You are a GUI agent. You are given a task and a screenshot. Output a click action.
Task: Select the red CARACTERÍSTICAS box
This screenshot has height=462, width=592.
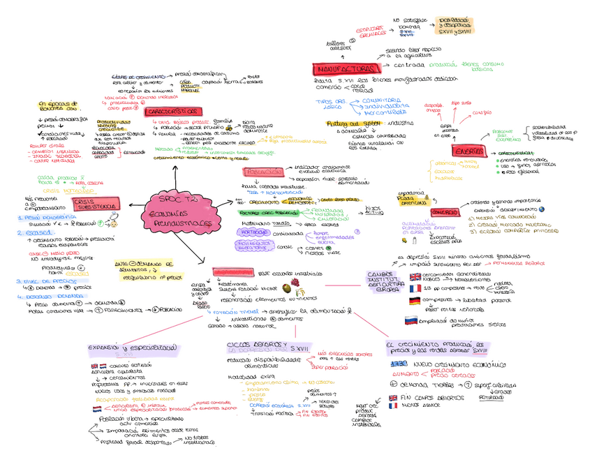(172, 112)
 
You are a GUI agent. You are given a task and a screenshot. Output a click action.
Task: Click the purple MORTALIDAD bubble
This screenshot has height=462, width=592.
(255, 232)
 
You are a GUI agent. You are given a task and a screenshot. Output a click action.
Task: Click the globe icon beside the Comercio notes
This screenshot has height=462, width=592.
(542, 209)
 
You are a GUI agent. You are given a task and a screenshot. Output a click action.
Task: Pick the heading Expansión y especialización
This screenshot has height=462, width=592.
(132, 347)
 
